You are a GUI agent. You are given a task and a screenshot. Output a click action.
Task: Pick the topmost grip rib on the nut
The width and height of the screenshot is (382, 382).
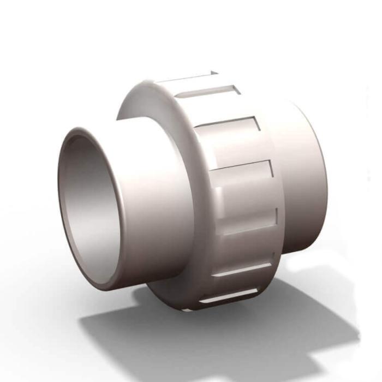pos(188,79)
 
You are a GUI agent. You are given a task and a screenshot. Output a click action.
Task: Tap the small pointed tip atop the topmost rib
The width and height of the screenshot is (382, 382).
pos(214,71)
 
